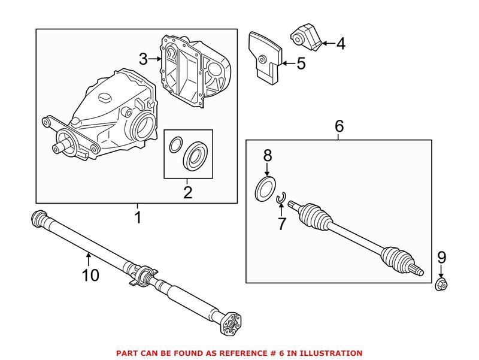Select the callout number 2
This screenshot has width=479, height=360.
coord(187,192)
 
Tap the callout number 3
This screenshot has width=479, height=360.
coord(143,59)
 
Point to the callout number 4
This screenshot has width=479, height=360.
coord(340,43)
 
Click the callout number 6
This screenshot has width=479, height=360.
coord(339,126)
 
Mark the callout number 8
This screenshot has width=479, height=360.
coord(268,156)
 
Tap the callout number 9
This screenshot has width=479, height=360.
coord(441,258)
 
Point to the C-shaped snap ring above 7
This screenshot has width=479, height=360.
coord(283,197)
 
